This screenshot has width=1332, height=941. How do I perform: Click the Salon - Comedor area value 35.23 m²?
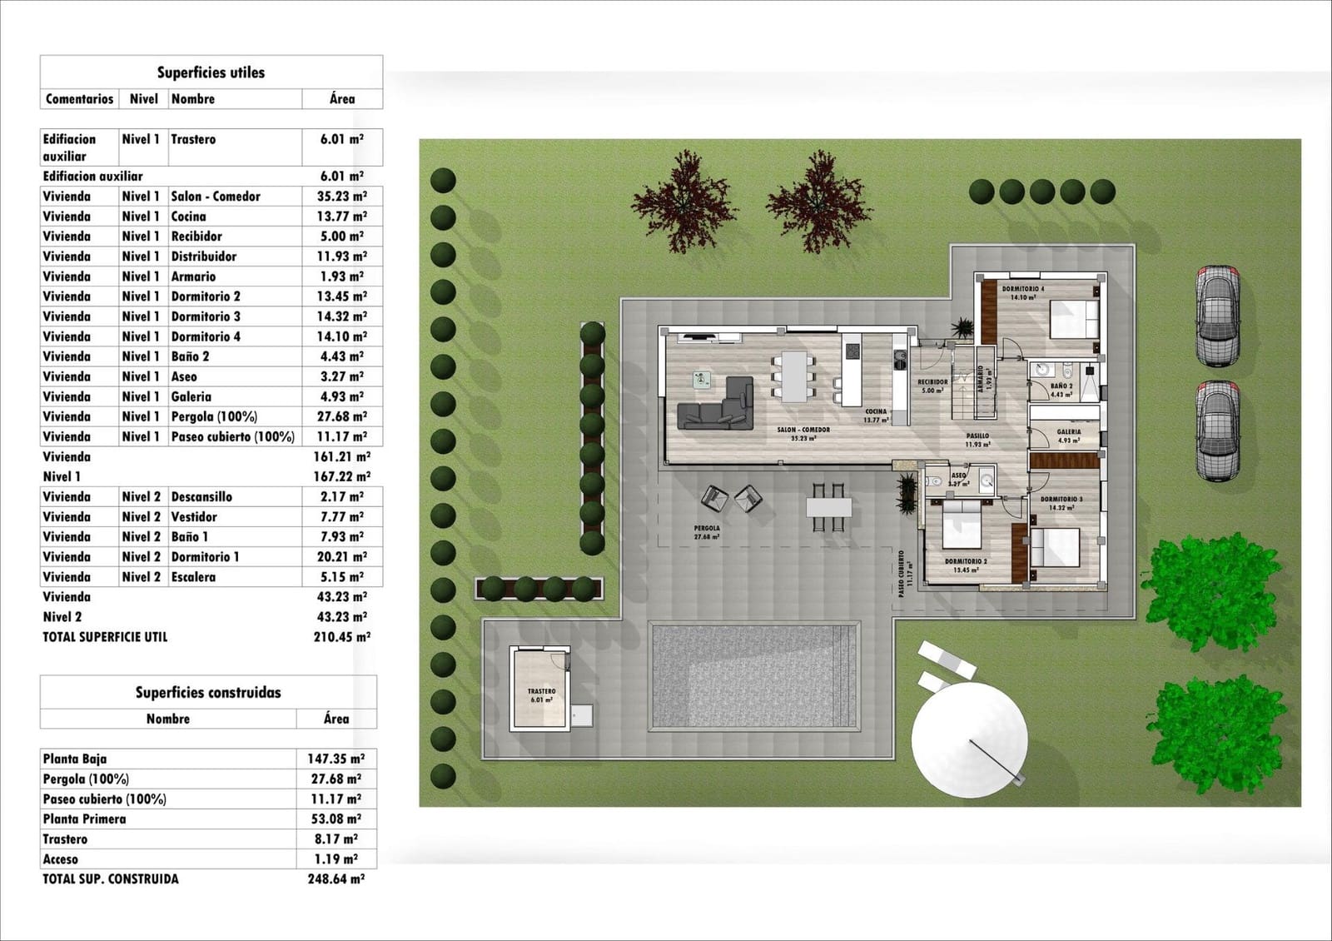coord(341,197)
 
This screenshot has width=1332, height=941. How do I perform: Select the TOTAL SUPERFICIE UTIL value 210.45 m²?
coord(341,637)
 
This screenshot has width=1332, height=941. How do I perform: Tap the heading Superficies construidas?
coord(208,692)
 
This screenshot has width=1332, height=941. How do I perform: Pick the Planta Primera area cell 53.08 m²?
coord(335,819)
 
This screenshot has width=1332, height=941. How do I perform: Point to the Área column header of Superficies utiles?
coord(341,99)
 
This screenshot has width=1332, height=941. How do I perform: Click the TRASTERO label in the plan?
coord(541,691)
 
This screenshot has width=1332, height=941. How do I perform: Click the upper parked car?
coord(1217,316)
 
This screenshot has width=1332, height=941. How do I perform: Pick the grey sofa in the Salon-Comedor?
coord(716,406)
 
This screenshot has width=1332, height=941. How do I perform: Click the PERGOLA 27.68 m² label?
coord(706,532)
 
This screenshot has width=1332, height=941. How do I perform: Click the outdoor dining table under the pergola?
coord(828,506)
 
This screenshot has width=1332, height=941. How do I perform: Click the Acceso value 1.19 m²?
coord(335,859)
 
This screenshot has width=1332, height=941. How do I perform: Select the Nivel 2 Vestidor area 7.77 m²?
coord(341,517)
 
